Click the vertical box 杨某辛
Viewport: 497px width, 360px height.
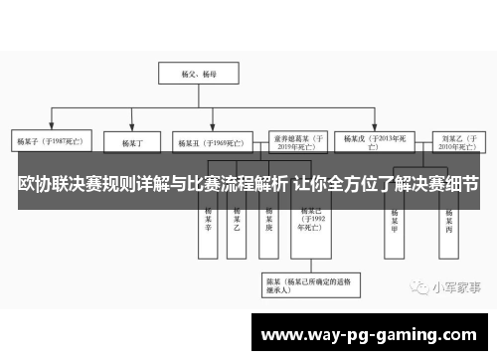tap(208, 221)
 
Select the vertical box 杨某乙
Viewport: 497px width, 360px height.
tap(237, 221)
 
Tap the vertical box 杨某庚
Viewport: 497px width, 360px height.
tap(267, 221)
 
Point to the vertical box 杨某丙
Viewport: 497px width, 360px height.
tap(448, 221)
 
